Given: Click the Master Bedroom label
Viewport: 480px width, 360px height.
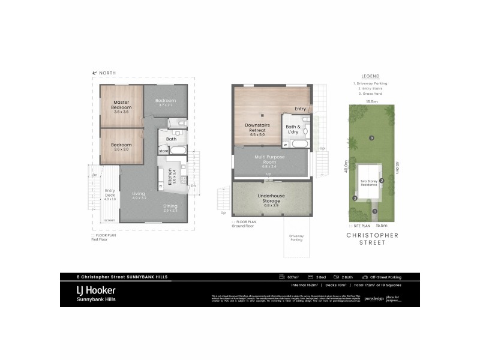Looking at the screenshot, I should pyautogui.click(x=121, y=106).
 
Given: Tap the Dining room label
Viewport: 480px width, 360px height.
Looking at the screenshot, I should pyautogui.click(x=170, y=206).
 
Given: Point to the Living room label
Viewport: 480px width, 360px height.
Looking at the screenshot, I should pyautogui.click(x=139, y=194).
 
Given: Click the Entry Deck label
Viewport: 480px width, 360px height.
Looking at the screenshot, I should pyautogui.click(x=110, y=194).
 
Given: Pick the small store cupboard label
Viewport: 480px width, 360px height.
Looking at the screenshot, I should pyautogui.click(x=163, y=151).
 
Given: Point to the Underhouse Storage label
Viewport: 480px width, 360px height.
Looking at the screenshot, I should pyautogui.click(x=271, y=197).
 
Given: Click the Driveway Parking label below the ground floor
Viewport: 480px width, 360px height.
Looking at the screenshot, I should pyautogui.click(x=296, y=237).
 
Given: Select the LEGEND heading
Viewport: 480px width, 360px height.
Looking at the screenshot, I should pyautogui.click(x=370, y=76).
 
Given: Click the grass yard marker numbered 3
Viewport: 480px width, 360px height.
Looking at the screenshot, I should pyautogui.click(x=372, y=139).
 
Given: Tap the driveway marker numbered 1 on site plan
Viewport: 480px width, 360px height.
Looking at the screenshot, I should pyautogui.click(x=374, y=211).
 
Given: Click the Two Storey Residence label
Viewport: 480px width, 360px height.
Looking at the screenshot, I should pyautogui.click(x=368, y=183).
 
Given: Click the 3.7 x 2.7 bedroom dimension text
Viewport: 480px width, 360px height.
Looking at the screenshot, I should pyautogui.click(x=165, y=105).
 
